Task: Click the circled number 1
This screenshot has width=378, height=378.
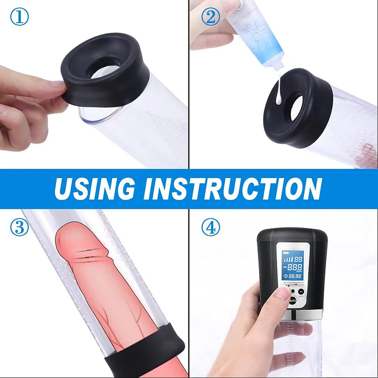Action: tap(19, 18)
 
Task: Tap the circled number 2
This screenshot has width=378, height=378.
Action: tap(211, 18)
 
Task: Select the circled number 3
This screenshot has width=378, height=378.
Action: tap(19, 227)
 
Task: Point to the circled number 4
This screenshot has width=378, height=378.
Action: tap(211, 227)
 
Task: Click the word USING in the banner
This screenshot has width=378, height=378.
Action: tap(95, 188)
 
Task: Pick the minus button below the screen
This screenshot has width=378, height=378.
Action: tap(300, 291)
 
